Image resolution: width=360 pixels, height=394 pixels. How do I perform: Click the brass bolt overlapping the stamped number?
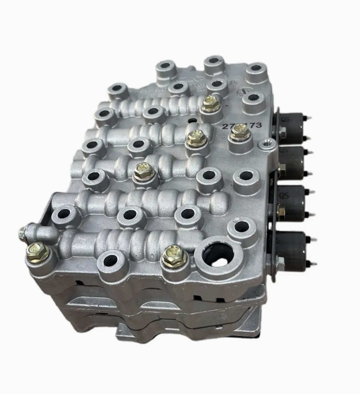pyautogui.click(x=239, y=132)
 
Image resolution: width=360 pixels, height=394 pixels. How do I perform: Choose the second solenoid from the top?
pyautogui.click(x=293, y=162)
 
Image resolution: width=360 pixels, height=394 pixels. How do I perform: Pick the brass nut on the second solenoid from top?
pyautogui.click(x=282, y=168)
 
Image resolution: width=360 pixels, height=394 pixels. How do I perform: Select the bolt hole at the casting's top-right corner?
pyautogui.click(x=256, y=69)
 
